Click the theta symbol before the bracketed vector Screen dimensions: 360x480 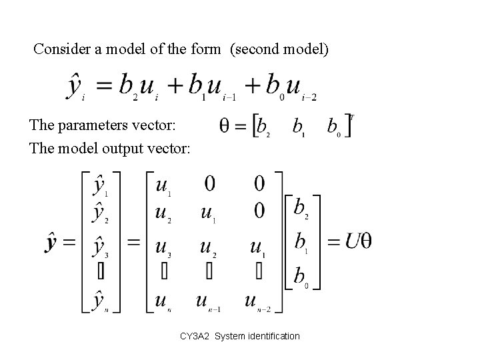pyautogui.click(x=225, y=125)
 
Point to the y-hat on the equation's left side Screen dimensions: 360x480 pyautogui.click(x=75, y=87)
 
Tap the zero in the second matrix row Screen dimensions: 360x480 pyautogui.click(x=259, y=211)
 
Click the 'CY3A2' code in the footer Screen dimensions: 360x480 pyautogui.click(x=195, y=336)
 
